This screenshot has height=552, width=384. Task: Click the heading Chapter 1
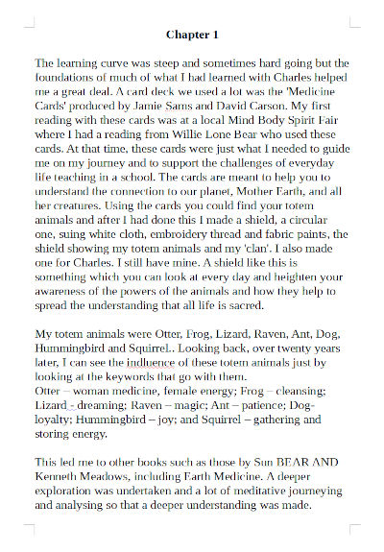coord(192,35)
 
